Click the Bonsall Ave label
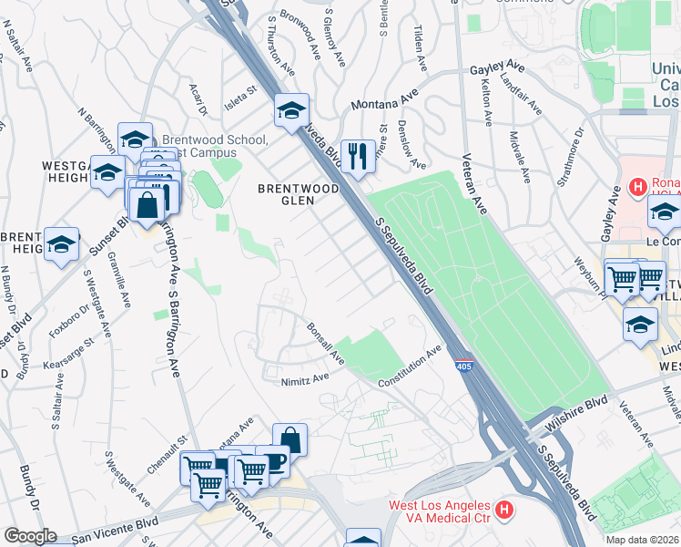[325, 340]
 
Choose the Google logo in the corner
[30, 536]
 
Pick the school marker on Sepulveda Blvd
[292, 111]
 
